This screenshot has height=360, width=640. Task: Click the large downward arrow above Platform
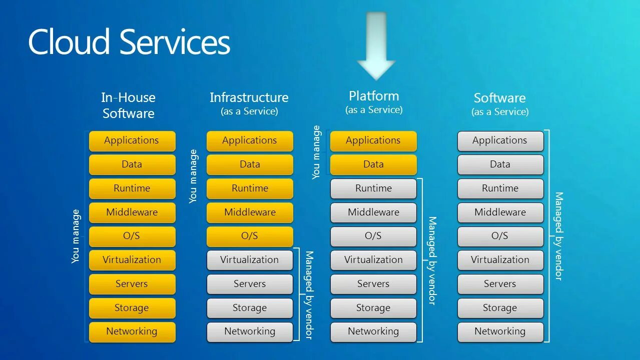click(x=376, y=47)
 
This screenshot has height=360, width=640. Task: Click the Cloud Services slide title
click(x=129, y=42)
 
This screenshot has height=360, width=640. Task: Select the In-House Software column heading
click(x=129, y=105)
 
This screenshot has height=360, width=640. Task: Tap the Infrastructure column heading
click(x=249, y=98)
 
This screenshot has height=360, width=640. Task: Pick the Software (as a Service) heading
click(x=499, y=104)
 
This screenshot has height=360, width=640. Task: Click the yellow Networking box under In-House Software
click(x=132, y=331)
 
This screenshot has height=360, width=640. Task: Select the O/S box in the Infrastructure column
click(x=250, y=236)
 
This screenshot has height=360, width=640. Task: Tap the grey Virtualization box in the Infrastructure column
click(x=250, y=260)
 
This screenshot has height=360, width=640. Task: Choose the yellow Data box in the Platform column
click(x=373, y=164)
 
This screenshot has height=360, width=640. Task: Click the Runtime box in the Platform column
click(x=373, y=188)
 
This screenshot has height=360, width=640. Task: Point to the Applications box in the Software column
click(x=500, y=140)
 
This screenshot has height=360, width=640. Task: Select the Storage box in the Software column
click(x=500, y=308)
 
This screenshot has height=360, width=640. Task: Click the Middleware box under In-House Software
click(x=132, y=212)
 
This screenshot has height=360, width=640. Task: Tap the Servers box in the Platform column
click(x=373, y=284)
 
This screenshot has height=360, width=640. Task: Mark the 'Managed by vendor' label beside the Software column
click(x=558, y=236)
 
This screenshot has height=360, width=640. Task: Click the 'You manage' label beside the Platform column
click(x=316, y=152)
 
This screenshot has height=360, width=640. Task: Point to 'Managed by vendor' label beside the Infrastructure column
click(x=309, y=295)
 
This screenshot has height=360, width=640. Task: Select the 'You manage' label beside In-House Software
click(x=76, y=236)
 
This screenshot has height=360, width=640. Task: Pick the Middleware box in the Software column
click(x=500, y=212)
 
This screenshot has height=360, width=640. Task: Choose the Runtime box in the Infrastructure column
click(x=250, y=188)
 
